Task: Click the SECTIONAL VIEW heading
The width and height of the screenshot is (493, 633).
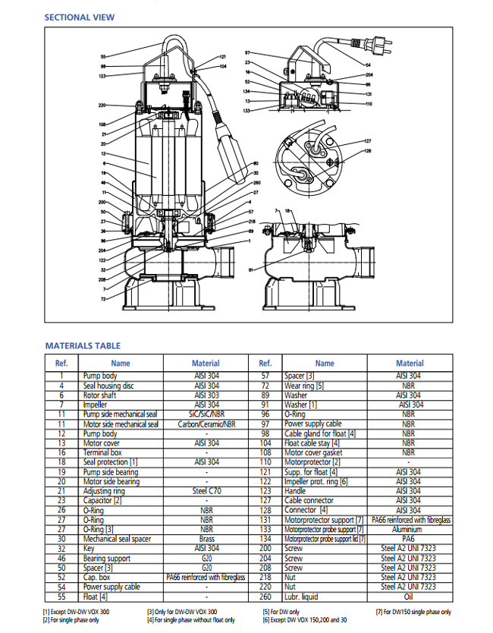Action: [x=80, y=17]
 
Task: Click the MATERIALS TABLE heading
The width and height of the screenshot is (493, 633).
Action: [x=82, y=345]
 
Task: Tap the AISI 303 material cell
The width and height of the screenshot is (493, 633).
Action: [x=206, y=395]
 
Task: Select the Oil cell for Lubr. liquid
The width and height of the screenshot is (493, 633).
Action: [x=410, y=597]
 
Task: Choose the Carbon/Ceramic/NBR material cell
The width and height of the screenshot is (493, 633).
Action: [x=206, y=424]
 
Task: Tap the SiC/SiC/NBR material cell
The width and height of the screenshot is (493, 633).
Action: [x=206, y=414]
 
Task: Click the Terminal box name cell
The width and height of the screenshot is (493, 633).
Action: [x=102, y=452]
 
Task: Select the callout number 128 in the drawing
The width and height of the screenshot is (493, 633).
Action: [x=367, y=151]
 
